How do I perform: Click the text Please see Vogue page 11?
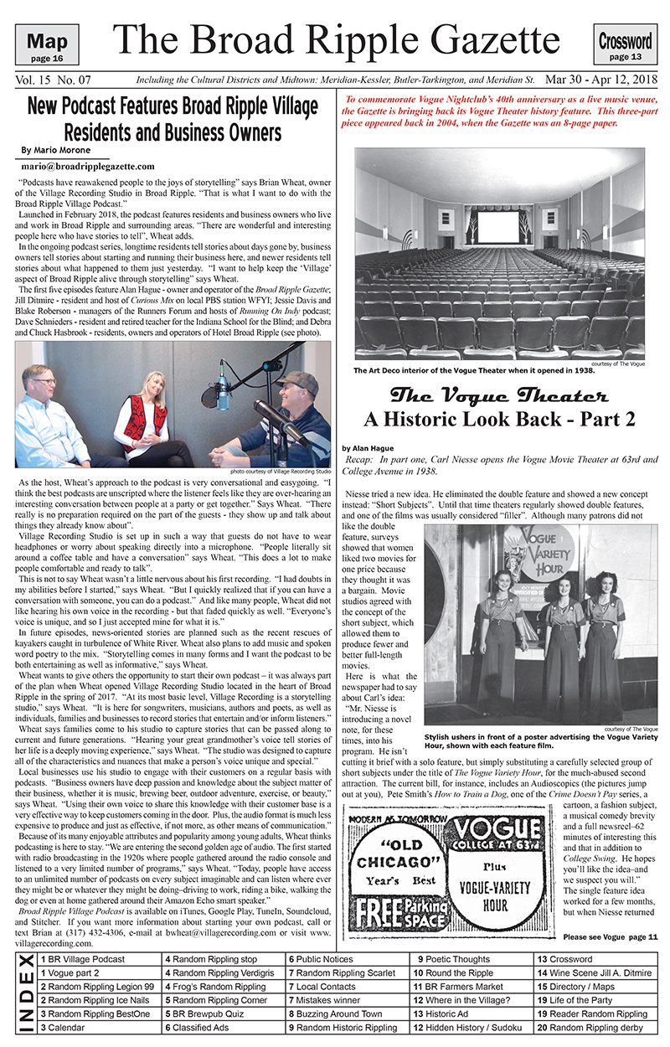tap(611, 936)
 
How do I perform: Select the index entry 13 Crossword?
tap(564, 959)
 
